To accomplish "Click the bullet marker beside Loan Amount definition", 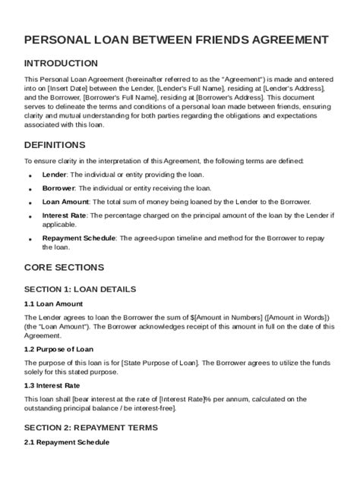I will (x=30, y=203).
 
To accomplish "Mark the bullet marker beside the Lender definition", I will (x=30, y=175).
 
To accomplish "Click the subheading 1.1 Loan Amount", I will (x=54, y=303).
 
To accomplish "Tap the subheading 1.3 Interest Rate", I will (x=55, y=385).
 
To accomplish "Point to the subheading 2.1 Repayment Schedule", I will (x=67, y=442).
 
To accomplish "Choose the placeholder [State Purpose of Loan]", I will (x=159, y=363).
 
